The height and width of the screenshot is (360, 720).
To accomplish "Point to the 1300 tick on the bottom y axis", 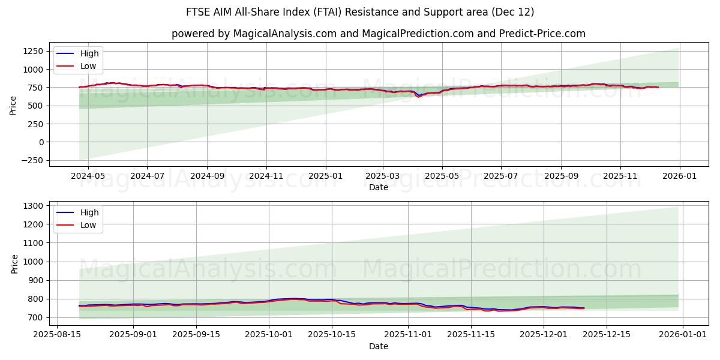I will click(32, 206).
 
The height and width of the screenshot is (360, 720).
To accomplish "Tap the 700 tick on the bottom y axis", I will click(35, 317).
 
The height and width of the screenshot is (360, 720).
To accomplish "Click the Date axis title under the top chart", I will click(379, 187).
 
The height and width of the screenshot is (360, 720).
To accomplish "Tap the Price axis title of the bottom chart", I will click(15, 263).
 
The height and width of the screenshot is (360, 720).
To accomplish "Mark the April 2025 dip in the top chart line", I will click(419, 96).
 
